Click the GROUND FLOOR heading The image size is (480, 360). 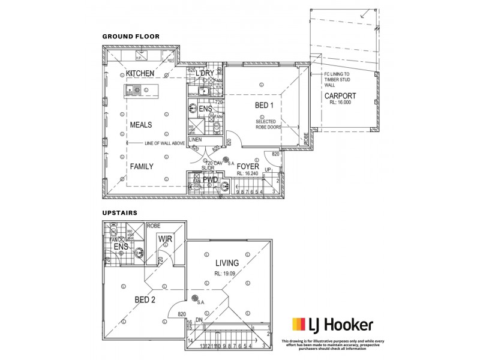click(131, 36)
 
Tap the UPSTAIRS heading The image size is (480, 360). click(120, 212)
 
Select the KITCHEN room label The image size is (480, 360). click(140, 73)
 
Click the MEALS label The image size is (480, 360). click(141, 125)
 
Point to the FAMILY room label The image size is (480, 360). click(142, 166)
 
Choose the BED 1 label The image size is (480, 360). click(264, 106)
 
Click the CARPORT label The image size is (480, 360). click(340, 96)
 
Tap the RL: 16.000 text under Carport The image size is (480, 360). click(341, 103)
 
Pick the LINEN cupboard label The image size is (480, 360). click(195, 140)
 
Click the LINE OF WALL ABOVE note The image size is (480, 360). click(164, 143)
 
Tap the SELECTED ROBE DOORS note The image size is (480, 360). click(268, 124)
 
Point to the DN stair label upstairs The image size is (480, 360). click(199, 319)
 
